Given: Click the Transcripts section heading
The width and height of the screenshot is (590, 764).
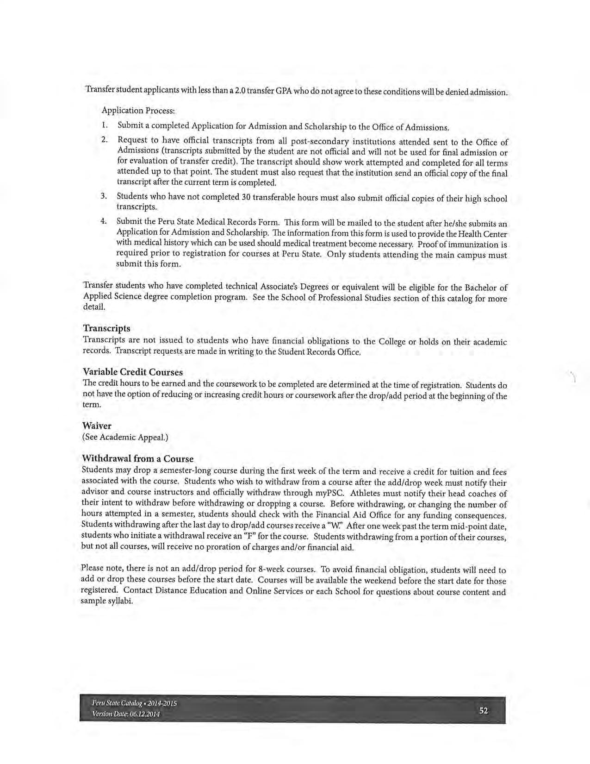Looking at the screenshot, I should point(106,328).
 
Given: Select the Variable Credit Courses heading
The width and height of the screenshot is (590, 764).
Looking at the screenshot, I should point(132,372).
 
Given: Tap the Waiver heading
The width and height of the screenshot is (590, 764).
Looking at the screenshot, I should point(97,426).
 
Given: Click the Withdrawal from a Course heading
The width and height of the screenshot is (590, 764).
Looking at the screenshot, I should point(137,459).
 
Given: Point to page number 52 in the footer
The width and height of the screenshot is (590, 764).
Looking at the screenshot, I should point(484,711).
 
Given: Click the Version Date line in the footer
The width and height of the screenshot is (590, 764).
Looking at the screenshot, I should point(126,714).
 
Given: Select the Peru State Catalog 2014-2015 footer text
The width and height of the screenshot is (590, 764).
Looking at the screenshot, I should point(134,704).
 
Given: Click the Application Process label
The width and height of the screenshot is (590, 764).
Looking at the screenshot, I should point(138,111).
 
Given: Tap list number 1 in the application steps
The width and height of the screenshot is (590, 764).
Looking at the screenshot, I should point(105,125).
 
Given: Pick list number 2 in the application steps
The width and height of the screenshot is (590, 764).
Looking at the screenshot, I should point(105,139).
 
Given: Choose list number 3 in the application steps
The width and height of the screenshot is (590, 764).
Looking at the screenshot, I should point(105,196).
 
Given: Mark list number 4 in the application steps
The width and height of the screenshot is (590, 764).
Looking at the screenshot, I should point(105,221).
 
